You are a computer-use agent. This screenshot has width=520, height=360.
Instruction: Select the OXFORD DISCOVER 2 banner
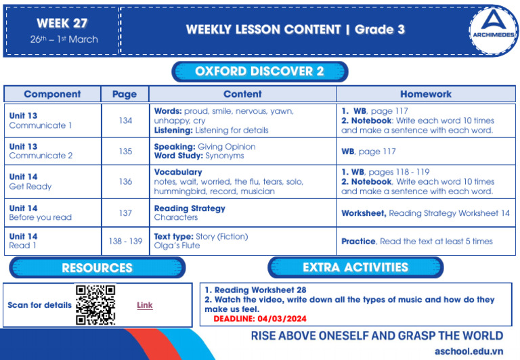[x=259, y=72]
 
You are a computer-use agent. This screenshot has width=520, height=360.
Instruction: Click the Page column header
[x=124, y=94]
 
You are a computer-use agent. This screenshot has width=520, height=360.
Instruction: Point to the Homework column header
[x=425, y=94]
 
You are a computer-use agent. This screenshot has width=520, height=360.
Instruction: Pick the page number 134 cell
[x=125, y=120]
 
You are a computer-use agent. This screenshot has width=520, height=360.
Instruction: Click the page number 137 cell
[x=125, y=212]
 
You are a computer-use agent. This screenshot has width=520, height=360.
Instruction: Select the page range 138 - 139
[x=125, y=241]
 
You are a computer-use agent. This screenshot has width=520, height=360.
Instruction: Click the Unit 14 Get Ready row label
[x=30, y=181]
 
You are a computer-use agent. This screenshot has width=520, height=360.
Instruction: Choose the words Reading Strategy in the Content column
[x=190, y=208]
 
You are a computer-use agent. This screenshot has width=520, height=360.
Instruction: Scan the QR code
[x=95, y=305]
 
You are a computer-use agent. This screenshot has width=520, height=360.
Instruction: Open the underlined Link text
[x=145, y=305]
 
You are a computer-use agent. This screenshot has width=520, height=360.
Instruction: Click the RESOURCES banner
[x=97, y=268]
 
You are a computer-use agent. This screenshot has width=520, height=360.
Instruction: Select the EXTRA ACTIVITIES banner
[x=355, y=267]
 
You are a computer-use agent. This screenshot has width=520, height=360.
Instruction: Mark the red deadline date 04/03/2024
[x=284, y=317]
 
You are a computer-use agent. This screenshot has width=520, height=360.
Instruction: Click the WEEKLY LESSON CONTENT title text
[x=263, y=30]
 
